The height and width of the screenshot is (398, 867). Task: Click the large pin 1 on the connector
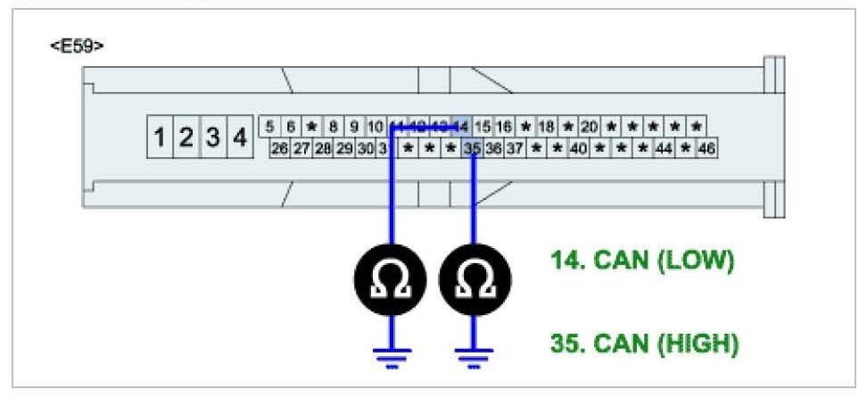click(x=160, y=138)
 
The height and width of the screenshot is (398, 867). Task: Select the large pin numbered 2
click(x=186, y=138)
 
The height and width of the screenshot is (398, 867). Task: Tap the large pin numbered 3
click(x=213, y=138)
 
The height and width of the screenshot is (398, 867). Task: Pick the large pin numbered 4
click(x=239, y=138)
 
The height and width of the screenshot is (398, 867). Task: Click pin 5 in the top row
click(x=269, y=127)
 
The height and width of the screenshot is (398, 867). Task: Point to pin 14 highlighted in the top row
click(x=461, y=127)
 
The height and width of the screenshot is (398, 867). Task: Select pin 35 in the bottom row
click(x=473, y=148)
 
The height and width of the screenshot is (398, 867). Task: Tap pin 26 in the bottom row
click(x=279, y=148)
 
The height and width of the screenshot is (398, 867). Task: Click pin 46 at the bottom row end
click(x=706, y=148)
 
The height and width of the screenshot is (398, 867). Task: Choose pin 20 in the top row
click(x=590, y=127)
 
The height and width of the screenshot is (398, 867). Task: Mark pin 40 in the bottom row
click(x=578, y=148)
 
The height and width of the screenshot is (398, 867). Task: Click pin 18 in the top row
click(x=547, y=127)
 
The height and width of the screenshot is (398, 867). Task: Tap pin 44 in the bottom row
click(x=664, y=148)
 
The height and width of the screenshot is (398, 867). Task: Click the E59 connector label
click(x=76, y=45)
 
